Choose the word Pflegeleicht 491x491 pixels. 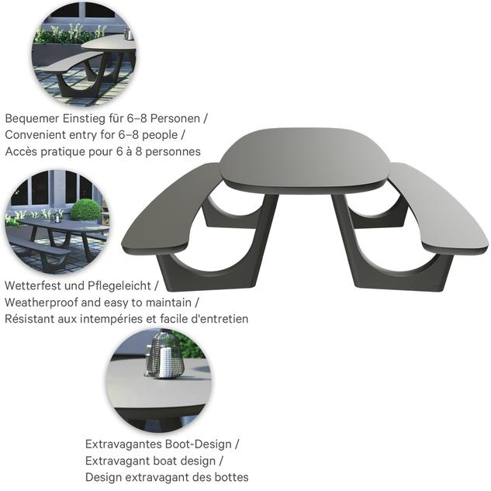pyautogui.click(x=119, y=286)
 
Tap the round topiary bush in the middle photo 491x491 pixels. pyautogui.click(x=85, y=210)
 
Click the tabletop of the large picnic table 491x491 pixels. pyautogui.click(x=306, y=158)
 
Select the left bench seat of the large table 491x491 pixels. pyautogui.click(x=171, y=209)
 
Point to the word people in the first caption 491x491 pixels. pyautogui.click(x=160, y=136)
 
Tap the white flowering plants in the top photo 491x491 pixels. pyautogui.click(x=70, y=33)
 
